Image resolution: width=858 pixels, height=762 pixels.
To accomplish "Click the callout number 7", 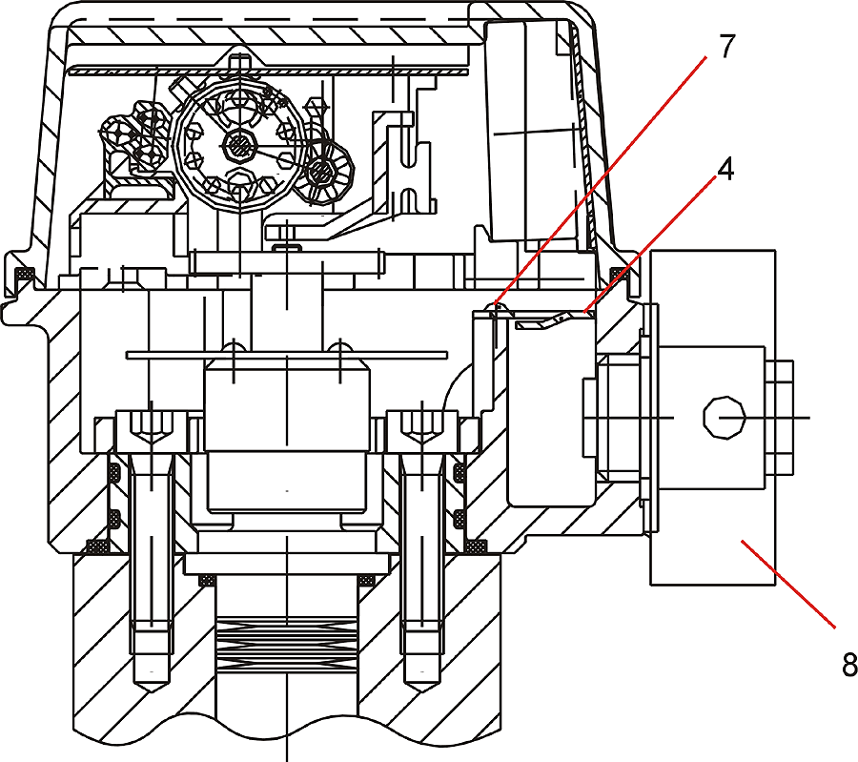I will click(727, 47).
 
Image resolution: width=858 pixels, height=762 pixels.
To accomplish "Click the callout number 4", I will click(726, 171).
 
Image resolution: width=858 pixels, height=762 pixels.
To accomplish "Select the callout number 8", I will click(849, 665).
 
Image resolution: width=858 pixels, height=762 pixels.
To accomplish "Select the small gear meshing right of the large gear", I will click(327, 172).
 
